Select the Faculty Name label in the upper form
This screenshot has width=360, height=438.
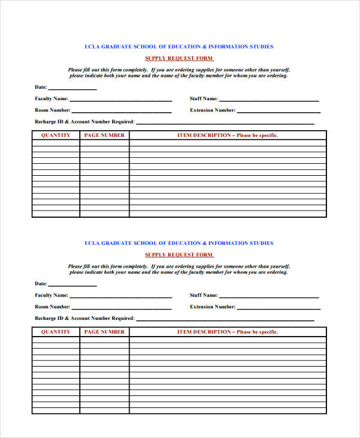coord(51,98)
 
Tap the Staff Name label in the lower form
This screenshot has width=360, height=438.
coord(203,295)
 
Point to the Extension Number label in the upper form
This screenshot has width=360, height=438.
coord(212,110)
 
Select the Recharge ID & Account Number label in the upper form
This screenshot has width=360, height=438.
coord(84,122)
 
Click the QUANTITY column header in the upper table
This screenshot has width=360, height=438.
coord(55,135)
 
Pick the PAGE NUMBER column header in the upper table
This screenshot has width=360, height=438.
coord(104,135)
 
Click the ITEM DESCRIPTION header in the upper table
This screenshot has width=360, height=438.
coord(227,135)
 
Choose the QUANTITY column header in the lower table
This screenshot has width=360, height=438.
coord(55,332)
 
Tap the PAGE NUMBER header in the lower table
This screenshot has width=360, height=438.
coord(104,332)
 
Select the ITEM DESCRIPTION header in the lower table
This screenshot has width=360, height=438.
coord(227,332)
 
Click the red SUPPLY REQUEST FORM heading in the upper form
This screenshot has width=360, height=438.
coord(179,58)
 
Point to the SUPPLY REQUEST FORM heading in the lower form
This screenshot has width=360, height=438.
coord(179,255)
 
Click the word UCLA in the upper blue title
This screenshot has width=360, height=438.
coord(91,46)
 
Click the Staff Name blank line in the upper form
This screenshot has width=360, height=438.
coord(269,100)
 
